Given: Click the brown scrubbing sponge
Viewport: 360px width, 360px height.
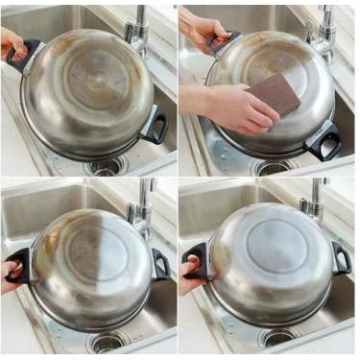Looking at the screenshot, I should pyautogui.click(x=275, y=96).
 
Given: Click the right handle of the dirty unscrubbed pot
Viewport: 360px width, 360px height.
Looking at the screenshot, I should pyautogui.click(x=154, y=124).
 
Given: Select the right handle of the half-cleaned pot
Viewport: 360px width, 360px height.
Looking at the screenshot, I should pyautogui.click(x=159, y=264).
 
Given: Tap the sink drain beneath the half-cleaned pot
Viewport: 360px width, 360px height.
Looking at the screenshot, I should pyautogui.click(x=105, y=341).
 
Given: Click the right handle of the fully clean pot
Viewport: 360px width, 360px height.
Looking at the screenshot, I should pyautogui.click(x=340, y=256).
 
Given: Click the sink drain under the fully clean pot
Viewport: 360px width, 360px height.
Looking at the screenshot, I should pyautogui.click(x=279, y=337).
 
